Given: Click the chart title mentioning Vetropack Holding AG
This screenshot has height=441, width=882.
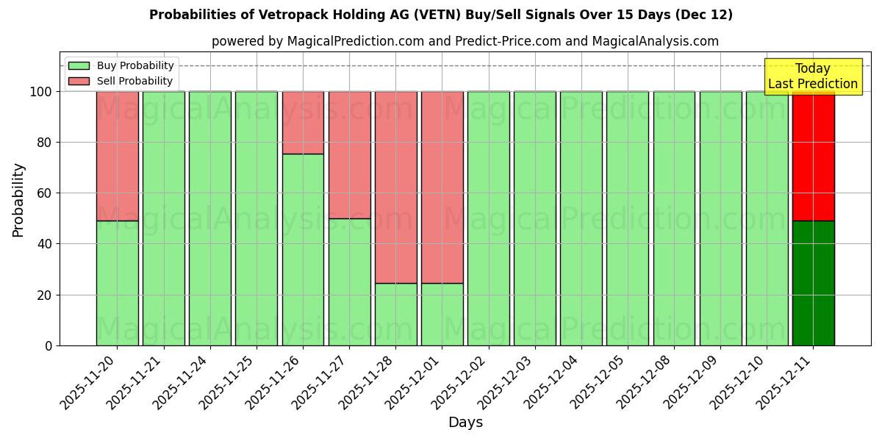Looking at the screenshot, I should pos(440,15).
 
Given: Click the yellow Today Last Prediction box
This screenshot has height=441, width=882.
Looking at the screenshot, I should pos(812,76).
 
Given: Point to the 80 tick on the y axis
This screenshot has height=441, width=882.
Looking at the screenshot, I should pos(46,143).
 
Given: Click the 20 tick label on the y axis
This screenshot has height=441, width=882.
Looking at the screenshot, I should pos(46,295).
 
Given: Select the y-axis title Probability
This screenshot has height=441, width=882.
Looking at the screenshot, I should pos(18,200).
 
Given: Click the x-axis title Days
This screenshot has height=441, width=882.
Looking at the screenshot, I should pos(465,423).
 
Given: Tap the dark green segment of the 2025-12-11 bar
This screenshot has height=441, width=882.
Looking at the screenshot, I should pos(813,283).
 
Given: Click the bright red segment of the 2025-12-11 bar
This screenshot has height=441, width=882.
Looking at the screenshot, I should pos(813,156).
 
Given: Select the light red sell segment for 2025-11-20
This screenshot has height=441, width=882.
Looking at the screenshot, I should pos(118,156).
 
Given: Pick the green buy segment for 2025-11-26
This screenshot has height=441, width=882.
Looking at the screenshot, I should pos(303,250).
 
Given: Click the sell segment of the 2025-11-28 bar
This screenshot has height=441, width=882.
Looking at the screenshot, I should pos(395,187).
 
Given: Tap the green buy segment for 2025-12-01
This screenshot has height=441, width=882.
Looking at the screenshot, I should pos(442,315).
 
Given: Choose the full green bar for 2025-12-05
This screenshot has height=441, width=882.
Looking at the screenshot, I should pos(628,218).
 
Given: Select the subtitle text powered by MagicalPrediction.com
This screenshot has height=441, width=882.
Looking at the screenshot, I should pos(465,41).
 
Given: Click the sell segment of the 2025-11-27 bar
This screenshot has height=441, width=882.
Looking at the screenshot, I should pos(349,155).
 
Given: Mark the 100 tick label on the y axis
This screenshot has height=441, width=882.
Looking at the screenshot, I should pos(41,92).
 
